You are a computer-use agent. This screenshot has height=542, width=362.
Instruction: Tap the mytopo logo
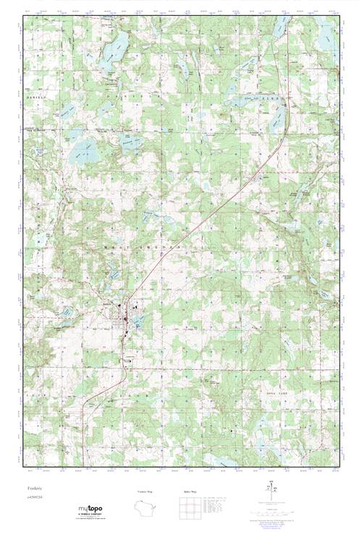coord(90,510)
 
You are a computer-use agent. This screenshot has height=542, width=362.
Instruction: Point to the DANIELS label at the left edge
coord(35,96)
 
